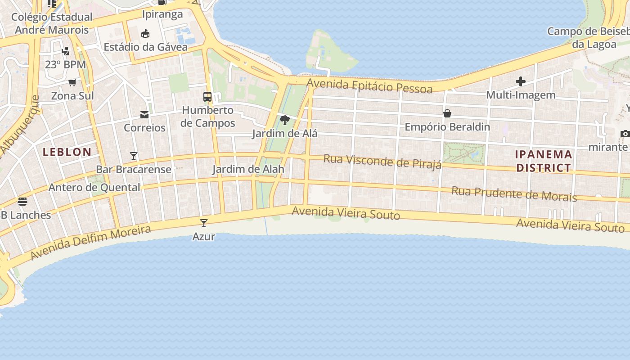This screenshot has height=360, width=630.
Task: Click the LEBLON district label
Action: click(x=67, y=152)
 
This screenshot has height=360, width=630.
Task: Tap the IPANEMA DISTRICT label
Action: click(x=544, y=161)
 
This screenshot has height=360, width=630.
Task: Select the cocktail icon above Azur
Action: click(x=204, y=223)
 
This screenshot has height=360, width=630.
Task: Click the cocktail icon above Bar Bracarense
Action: click(x=134, y=156)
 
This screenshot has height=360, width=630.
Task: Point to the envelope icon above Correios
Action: click(x=144, y=115)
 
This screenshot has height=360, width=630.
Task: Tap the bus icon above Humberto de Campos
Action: click(x=207, y=97)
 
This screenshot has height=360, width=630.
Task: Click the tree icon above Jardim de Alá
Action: click(x=284, y=120)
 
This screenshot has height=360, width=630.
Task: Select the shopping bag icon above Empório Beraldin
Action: click(x=447, y=113)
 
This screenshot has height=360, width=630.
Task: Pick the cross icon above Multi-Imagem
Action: click(x=521, y=81)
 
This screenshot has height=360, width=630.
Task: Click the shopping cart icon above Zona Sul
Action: click(x=72, y=82)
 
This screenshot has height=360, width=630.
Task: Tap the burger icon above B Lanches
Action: click(x=22, y=201)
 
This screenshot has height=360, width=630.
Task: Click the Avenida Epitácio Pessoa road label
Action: click(x=369, y=85)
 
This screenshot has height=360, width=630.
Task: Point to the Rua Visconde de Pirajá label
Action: click(x=382, y=162)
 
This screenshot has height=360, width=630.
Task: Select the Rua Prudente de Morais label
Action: click(x=514, y=193)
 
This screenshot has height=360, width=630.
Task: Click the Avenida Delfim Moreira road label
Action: click(x=90, y=243)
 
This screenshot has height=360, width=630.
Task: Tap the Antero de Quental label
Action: click(x=94, y=187)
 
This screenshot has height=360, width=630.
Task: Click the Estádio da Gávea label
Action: click(x=145, y=47)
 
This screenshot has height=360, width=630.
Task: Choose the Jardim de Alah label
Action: click(x=248, y=169)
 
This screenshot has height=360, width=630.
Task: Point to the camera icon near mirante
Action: click(x=625, y=134)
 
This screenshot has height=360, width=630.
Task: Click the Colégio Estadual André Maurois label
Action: click(x=52, y=23)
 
